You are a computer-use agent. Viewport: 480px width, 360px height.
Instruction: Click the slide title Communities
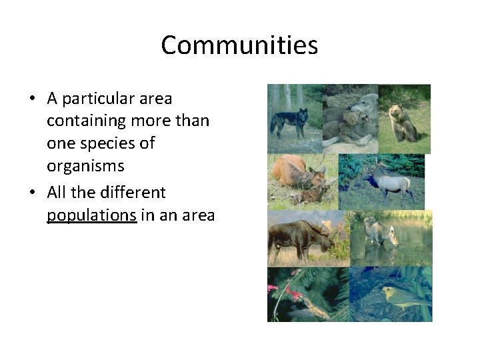pos(239,45)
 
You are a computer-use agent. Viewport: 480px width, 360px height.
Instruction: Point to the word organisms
pos(85,166)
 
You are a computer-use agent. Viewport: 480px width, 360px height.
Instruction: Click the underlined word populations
pos(91,215)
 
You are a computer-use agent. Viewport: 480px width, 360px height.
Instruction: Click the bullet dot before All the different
pos(31,193)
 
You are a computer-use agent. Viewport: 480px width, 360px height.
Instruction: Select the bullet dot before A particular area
pos(31,99)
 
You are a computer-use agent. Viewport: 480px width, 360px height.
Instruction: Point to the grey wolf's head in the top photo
pos(364,103)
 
